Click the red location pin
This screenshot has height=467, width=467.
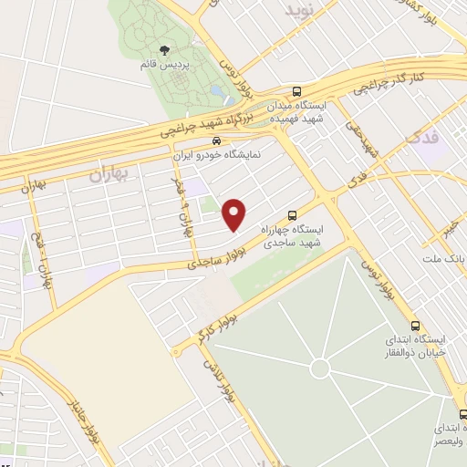pyautogui.click(x=235, y=213)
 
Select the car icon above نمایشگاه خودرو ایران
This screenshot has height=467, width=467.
pyautogui.click(x=215, y=141)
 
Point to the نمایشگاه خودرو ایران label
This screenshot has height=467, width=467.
pyautogui.click(x=218, y=155)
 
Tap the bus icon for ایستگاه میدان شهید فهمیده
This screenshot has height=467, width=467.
pyautogui.click(x=297, y=91)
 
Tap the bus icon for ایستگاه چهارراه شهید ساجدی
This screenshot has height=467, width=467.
pyautogui.click(x=291, y=215)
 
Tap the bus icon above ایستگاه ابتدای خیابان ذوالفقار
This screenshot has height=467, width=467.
pyautogui.click(x=415, y=327)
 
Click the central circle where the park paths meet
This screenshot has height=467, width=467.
pyautogui.click(x=319, y=368)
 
